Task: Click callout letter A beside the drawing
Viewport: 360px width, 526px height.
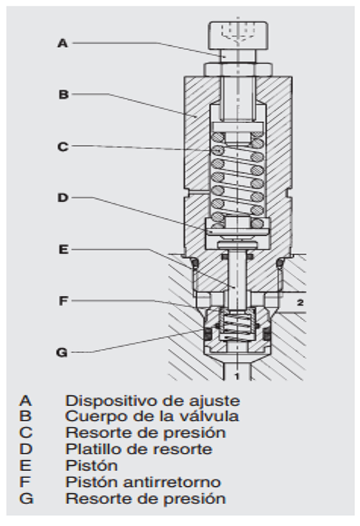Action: (x=62, y=43)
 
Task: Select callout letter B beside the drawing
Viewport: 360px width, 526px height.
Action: (x=62, y=95)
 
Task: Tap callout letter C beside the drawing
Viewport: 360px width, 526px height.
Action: (x=62, y=146)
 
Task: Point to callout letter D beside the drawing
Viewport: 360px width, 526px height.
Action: (x=62, y=198)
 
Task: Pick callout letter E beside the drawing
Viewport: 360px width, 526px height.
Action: (x=62, y=250)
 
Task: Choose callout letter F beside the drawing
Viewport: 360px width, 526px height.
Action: (x=62, y=300)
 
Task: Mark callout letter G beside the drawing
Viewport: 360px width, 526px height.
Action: (x=62, y=352)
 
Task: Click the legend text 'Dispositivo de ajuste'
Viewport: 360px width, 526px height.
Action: (x=152, y=400)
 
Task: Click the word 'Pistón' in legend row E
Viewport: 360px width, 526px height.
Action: (x=91, y=466)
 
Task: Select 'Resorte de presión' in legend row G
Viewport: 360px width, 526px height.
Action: (x=145, y=499)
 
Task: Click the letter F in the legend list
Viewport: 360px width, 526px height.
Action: (x=25, y=482)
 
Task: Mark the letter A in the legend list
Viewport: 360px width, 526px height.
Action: (x=25, y=400)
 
